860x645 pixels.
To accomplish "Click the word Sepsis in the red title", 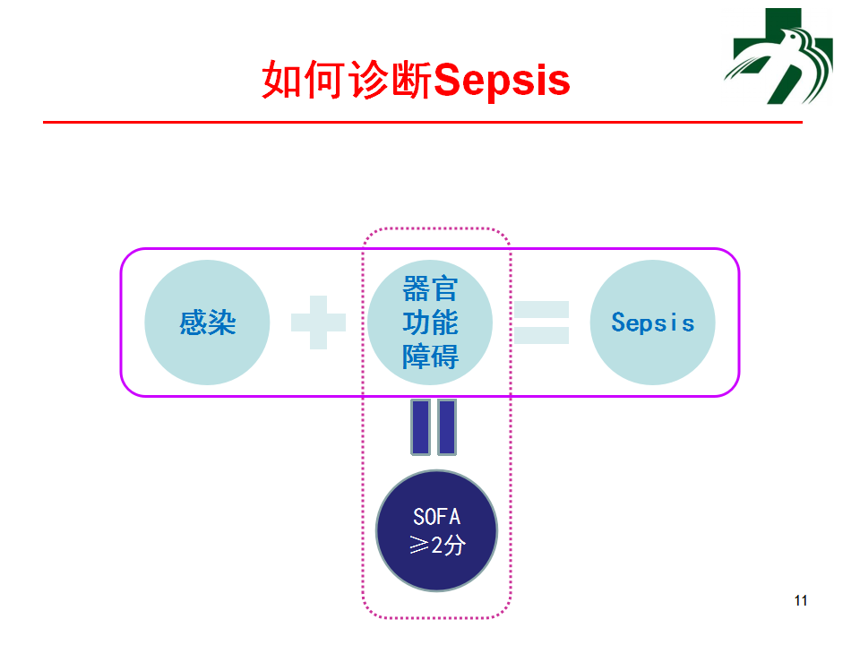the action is [x=502, y=81].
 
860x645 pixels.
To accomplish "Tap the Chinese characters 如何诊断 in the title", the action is [x=348, y=80].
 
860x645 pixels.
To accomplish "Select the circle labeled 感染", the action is [x=207, y=322].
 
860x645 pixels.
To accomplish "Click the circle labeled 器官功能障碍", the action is [x=430, y=322].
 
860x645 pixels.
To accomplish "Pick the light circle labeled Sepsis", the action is [x=653, y=322].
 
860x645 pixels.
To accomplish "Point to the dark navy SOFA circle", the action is [x=436, y=531].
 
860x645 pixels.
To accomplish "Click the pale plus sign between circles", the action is [x=319, y=322].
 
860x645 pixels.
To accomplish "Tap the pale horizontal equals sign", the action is [x=541, y=322].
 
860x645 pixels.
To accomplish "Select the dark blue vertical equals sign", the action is [x=434, y=427].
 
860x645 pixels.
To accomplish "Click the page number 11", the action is [x=801, y=600].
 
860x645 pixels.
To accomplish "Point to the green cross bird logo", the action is [x=778, y=56].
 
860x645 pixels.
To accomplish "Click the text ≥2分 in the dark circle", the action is [x=437, y=546].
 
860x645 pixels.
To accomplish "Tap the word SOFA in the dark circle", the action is [x=436, y=517].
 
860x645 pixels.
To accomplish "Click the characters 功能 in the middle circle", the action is [x=430, y=322].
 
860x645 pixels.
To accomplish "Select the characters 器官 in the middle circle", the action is [x=430, y=289].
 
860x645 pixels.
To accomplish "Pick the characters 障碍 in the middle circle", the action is [x=430, y=357].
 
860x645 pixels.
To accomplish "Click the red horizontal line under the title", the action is [x=423, y=122].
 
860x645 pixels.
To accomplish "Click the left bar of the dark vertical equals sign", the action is [x=421, y=427].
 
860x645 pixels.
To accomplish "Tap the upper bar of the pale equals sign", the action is [x=541, y=309].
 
